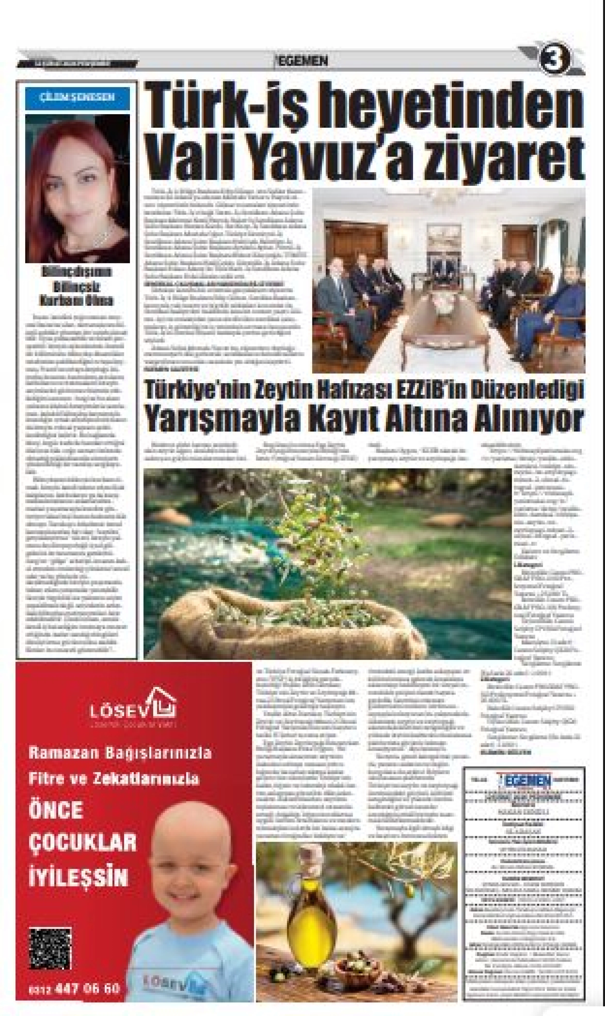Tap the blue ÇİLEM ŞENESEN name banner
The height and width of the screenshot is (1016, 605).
coord(77,98)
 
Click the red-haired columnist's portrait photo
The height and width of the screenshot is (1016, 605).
coord(77,188)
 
